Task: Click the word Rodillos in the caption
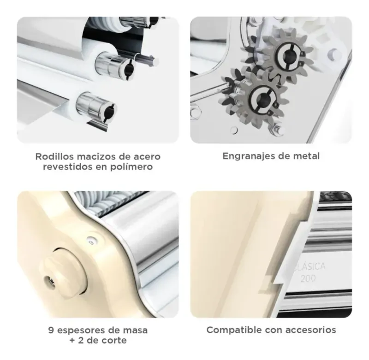54,156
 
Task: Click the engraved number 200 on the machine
308,278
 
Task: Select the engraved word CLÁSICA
309,267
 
